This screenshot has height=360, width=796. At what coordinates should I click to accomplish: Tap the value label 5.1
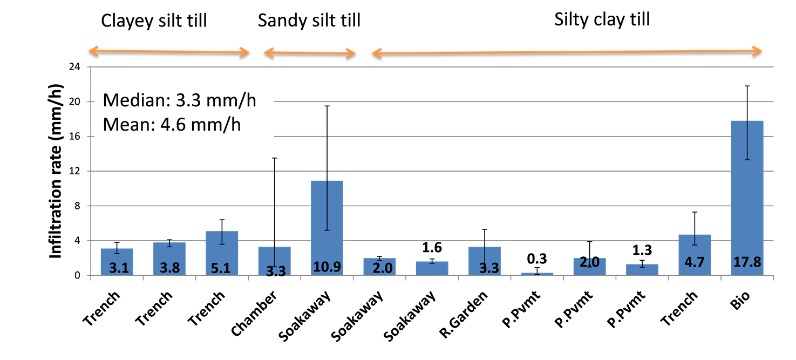221,268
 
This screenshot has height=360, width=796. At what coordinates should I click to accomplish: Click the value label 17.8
747,263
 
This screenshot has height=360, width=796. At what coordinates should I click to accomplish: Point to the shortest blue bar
537,274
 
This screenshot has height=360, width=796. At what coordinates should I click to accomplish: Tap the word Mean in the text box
125,125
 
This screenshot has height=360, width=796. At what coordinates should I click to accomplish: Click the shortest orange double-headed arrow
310,53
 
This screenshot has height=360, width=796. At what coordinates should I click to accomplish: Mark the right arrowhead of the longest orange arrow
758,51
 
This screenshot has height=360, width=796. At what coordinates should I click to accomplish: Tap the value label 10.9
326,267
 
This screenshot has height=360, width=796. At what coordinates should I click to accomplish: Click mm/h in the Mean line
221,125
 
